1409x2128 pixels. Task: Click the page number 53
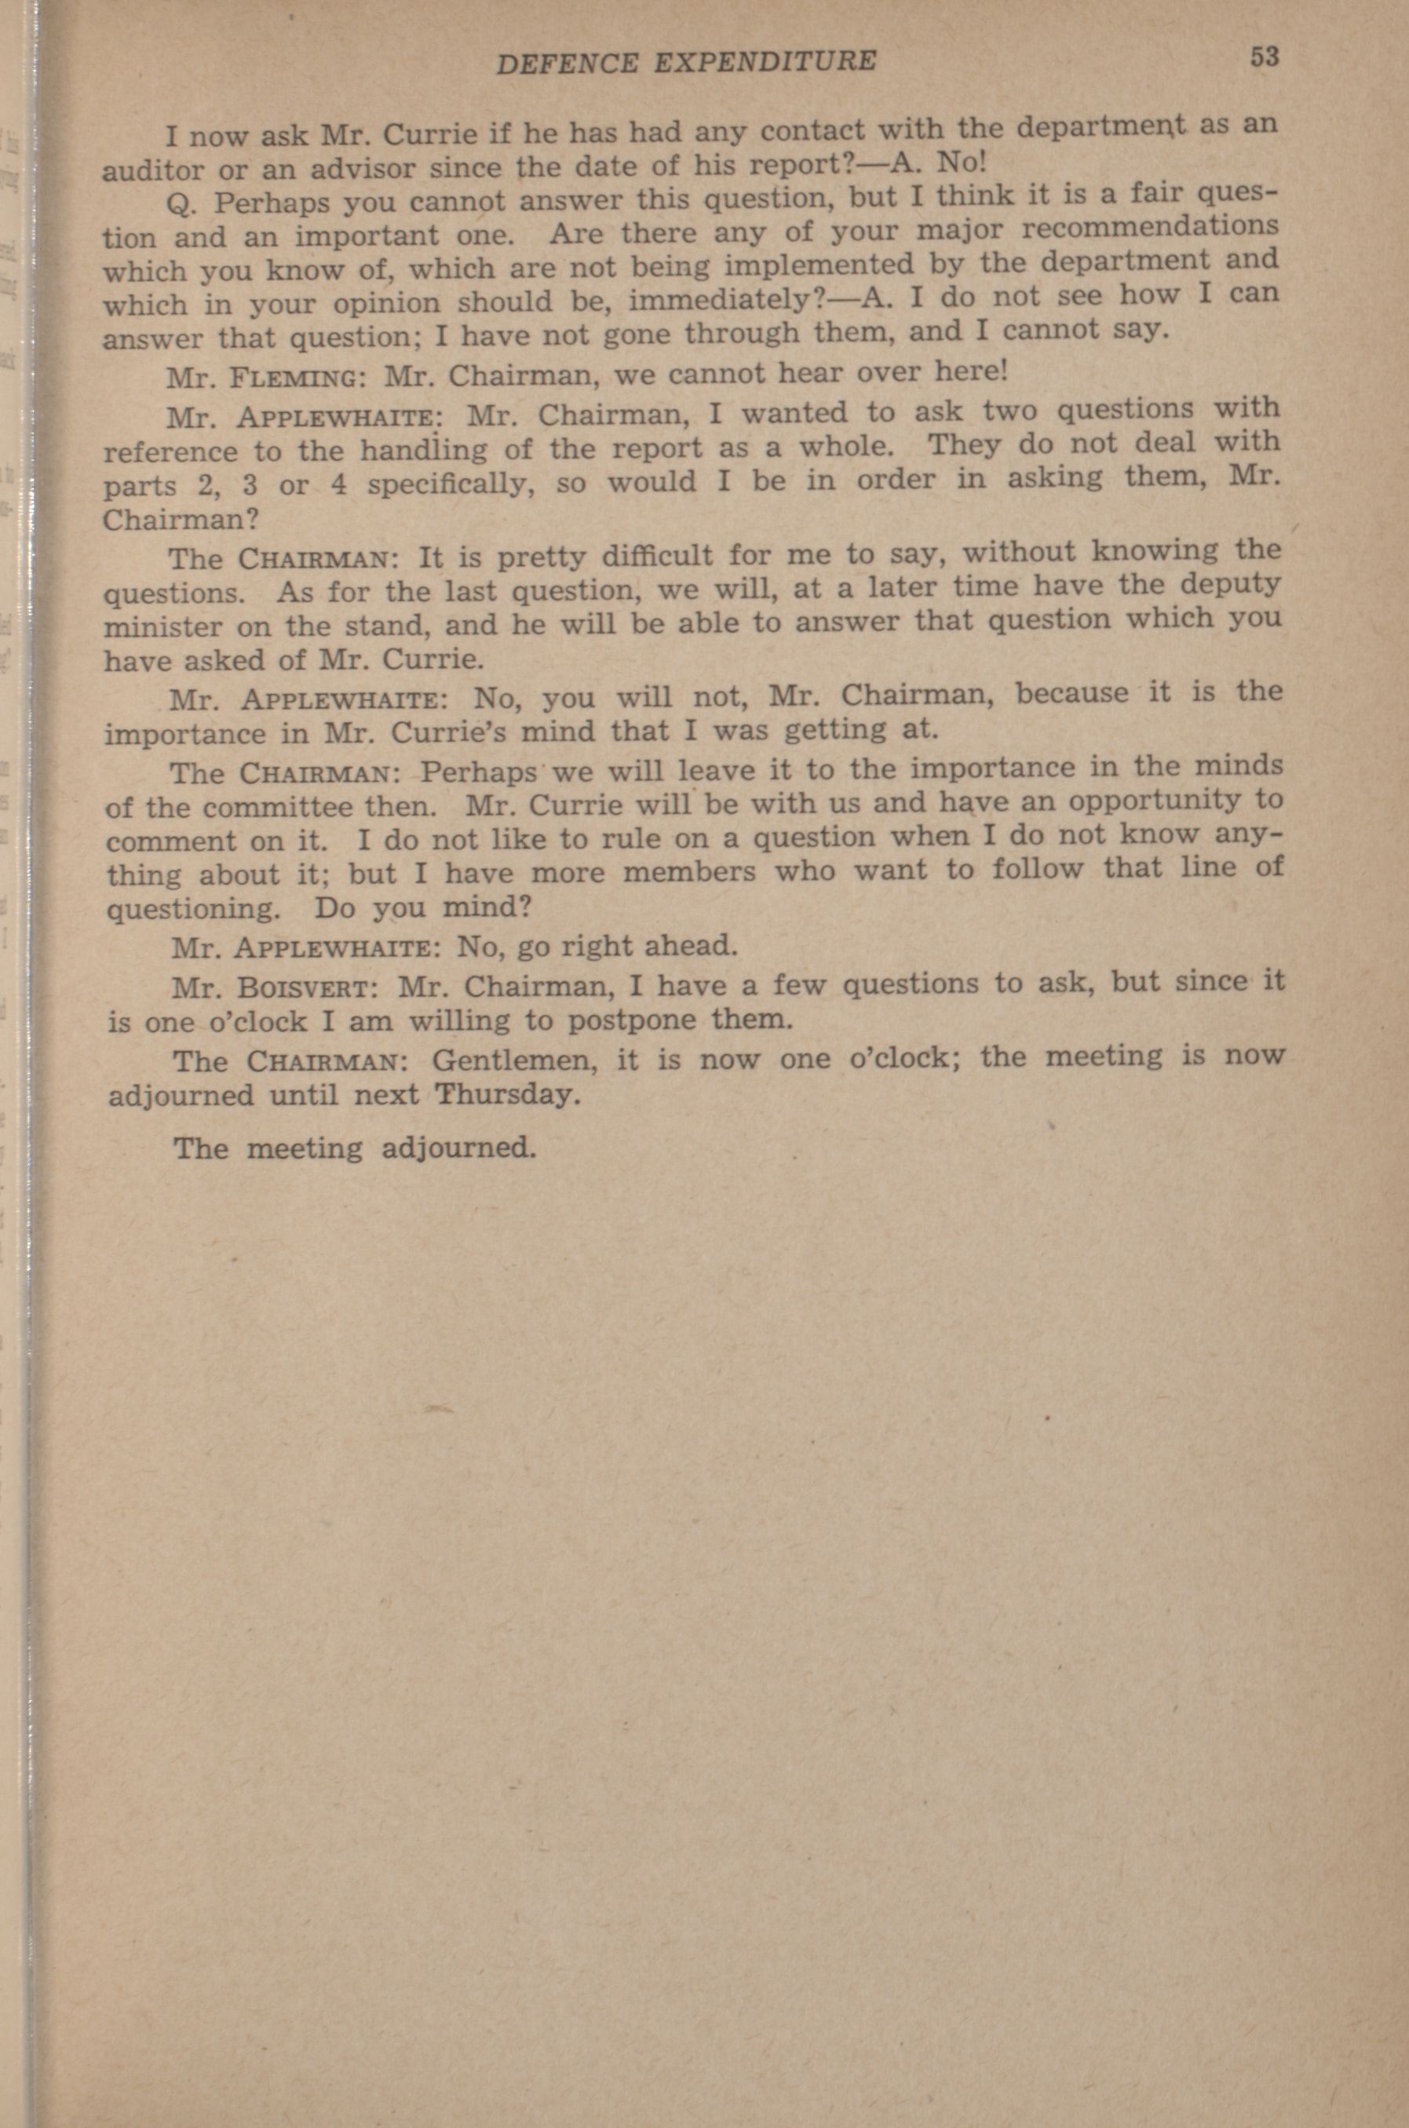[x=1262, y=57]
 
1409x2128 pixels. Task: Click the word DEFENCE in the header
[x=568, y=61]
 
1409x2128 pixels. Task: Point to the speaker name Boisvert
[x=305, y=987]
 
